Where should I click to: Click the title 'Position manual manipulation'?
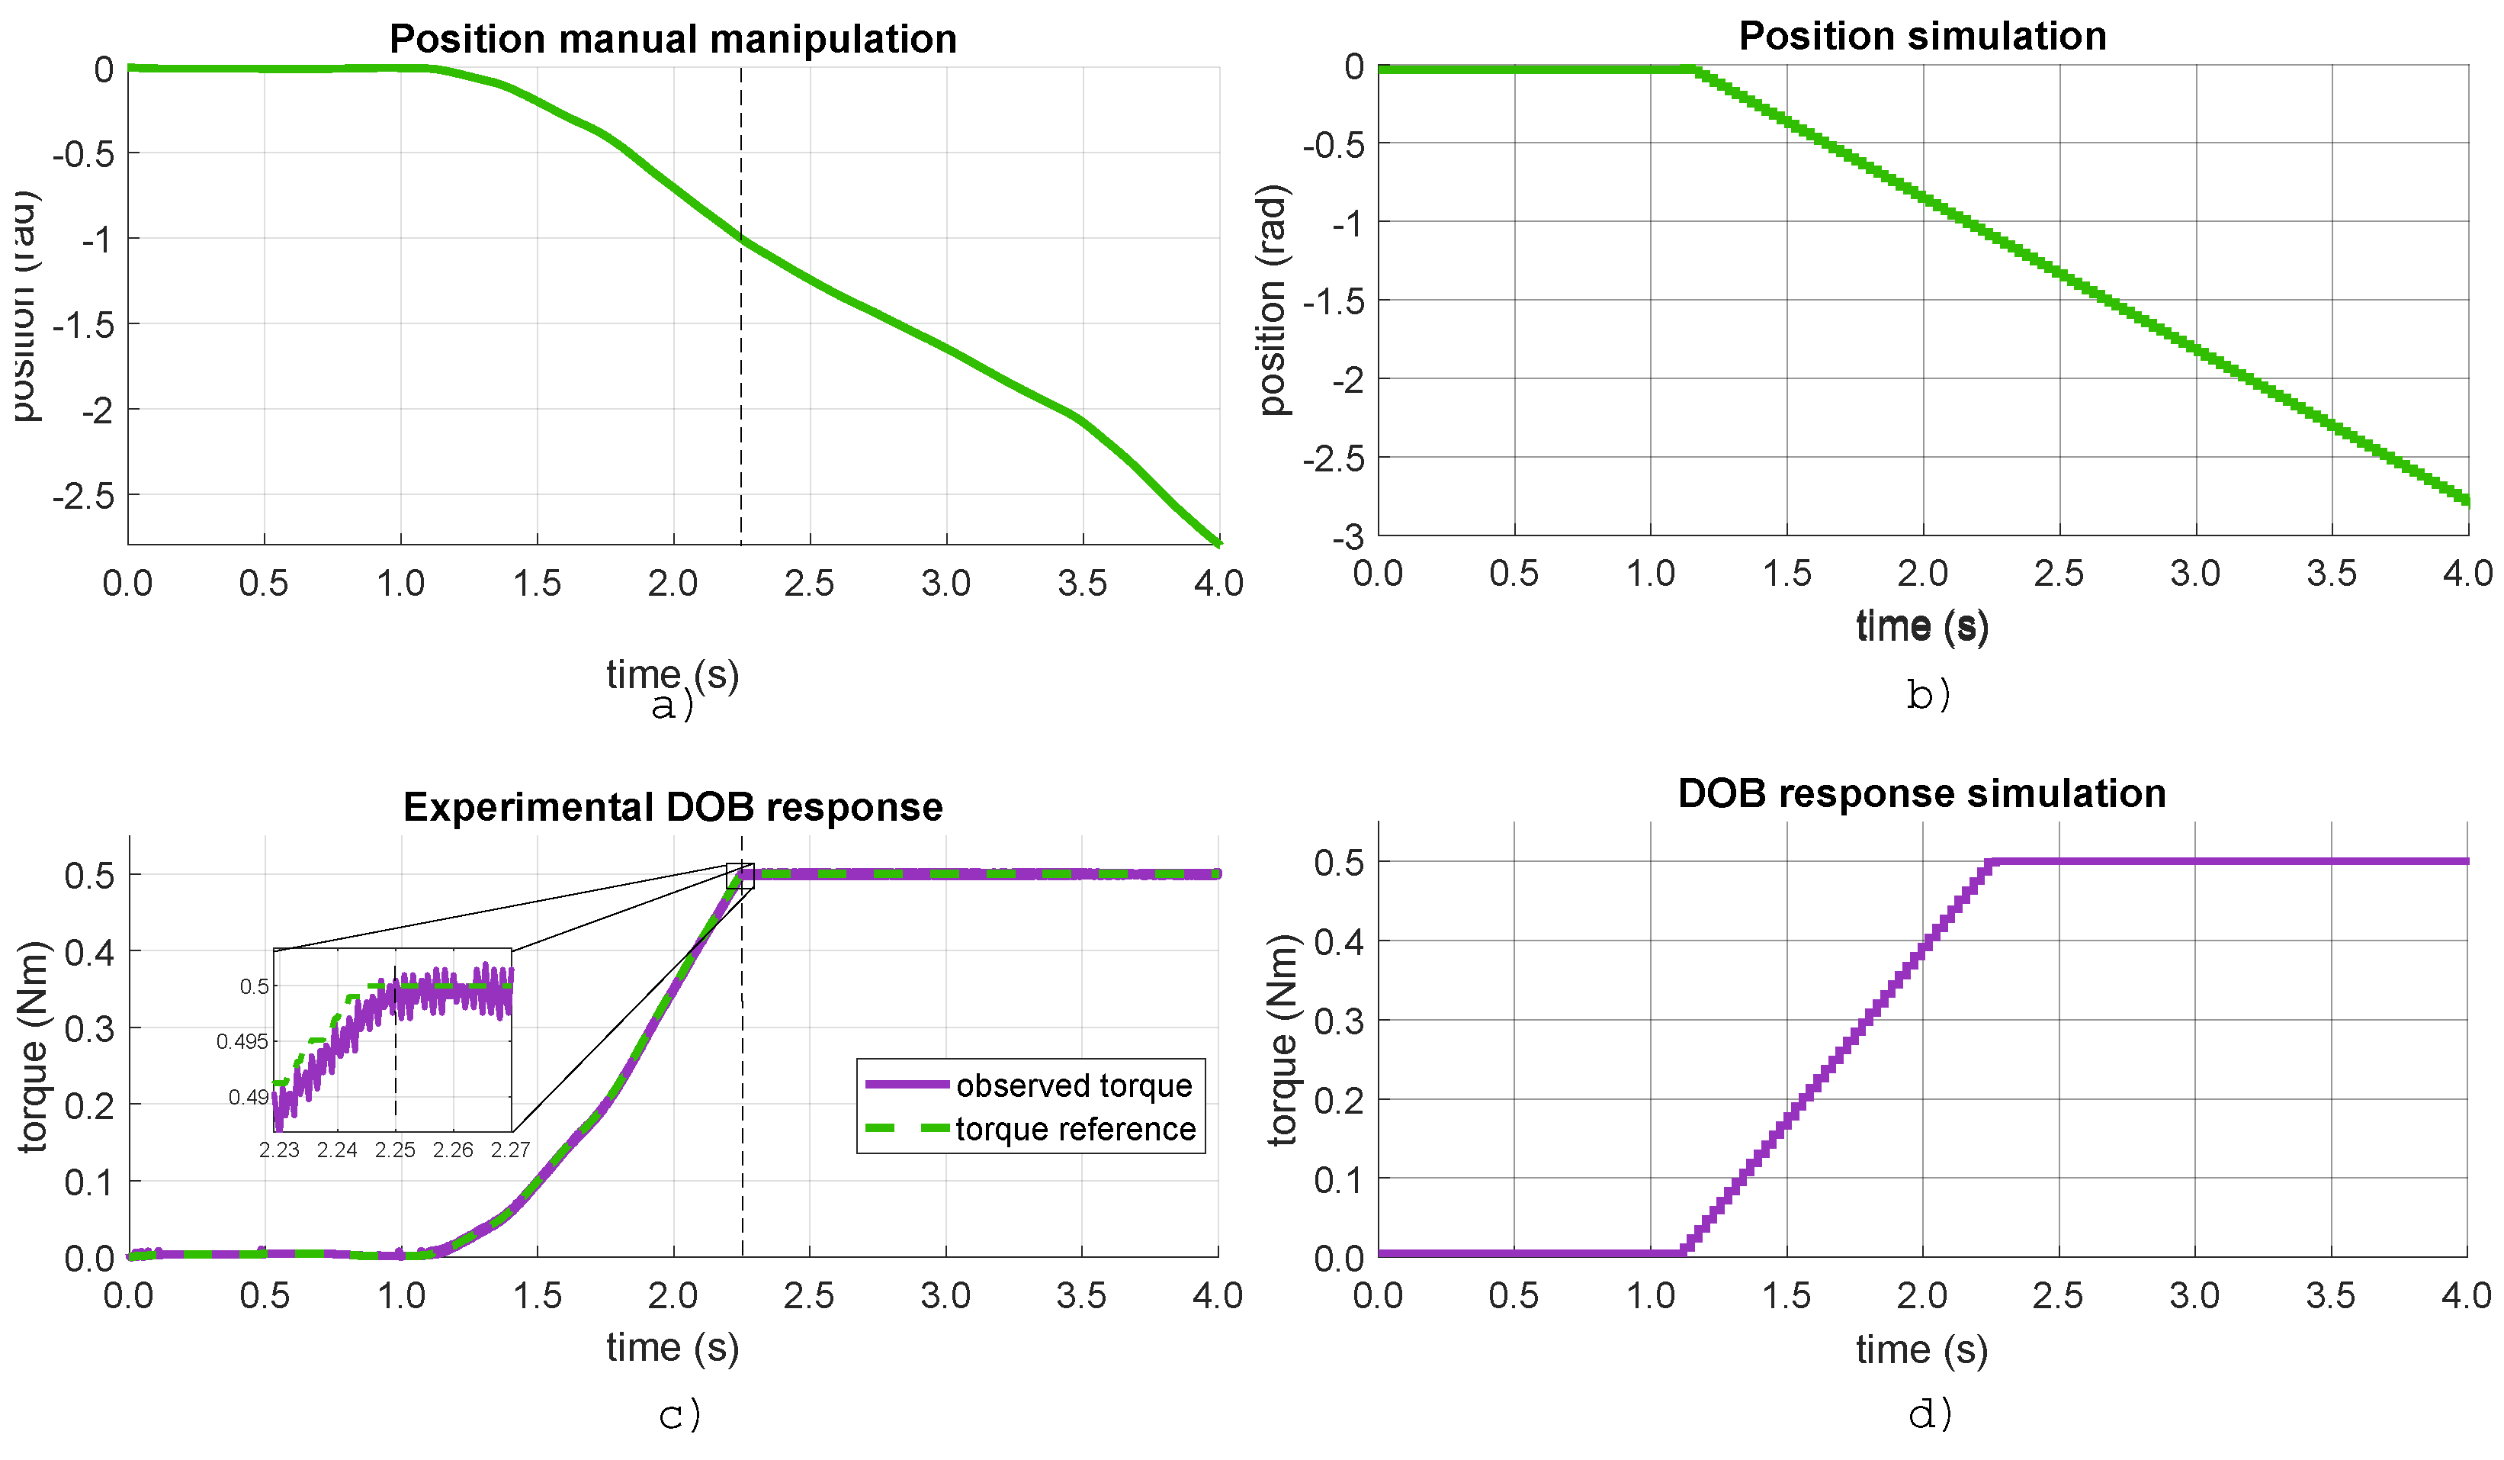[x=673, y=40]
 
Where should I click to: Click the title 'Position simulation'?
[x=1921, y=37]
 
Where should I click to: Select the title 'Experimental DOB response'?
[x=673, y=807]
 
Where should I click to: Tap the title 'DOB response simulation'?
[x=1921, y=794]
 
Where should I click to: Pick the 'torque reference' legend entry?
[x=1075, y=1130]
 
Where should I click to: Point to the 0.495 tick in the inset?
[x=242, y=1041]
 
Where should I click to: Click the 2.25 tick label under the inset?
[x=394, y=1150]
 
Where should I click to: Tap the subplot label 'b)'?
[x=1928, y=695]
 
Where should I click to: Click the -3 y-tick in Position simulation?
[x=1348, y=538]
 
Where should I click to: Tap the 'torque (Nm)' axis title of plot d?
[x=1282, y=1040]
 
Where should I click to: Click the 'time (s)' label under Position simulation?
[x=1921, y=626]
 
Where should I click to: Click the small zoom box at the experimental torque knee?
[x=740, y=876]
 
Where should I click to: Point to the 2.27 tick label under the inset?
[x=510, y=1150]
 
